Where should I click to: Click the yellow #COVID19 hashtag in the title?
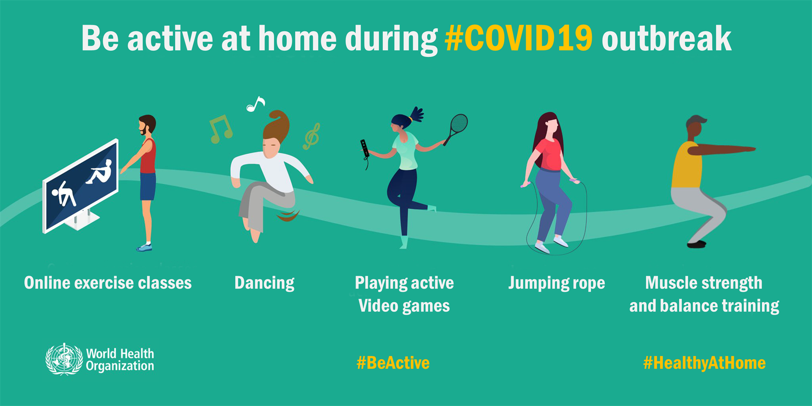[518, 38]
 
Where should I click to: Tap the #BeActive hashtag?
[393, 363]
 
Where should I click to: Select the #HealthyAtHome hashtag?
[704, 363]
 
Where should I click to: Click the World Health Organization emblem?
[64, 359]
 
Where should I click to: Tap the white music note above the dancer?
[255, 104]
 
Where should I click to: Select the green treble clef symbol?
[312, 137]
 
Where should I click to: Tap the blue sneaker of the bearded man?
[145, 247]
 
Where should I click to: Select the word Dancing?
[264, 283]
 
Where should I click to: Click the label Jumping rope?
[556, 283]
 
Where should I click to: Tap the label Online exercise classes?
[108, 283]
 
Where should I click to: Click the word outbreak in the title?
[666, 38]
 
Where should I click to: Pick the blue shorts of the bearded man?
[148, 187]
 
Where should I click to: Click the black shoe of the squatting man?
[696, 244]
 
